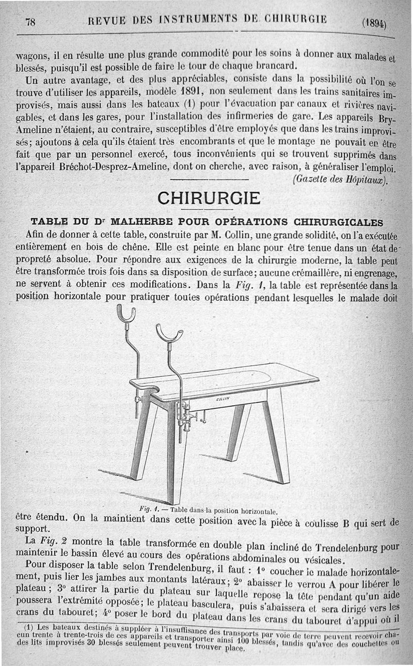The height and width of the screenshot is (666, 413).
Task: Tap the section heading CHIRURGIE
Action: click(x=209, y=198)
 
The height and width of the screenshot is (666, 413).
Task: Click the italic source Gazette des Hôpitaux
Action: click(x=339, y=180)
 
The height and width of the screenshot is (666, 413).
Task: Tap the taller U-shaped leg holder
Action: click(x=126, y=314)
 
